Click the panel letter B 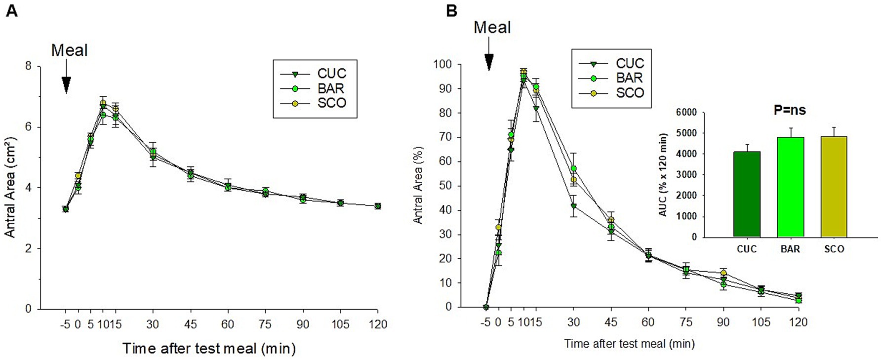(451, 11)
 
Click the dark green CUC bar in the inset (746, 195)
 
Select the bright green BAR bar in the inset (790, 188)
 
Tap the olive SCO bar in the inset (834, 187)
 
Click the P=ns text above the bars (789, 110)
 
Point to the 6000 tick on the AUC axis (686, 113)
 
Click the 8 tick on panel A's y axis (28, 66)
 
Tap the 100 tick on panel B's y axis (442, 64)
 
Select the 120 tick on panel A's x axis (377, 324)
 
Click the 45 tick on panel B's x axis (610, 322)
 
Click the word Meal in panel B (492, 28)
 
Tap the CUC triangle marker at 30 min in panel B (573, 206)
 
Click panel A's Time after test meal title (209, 349)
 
